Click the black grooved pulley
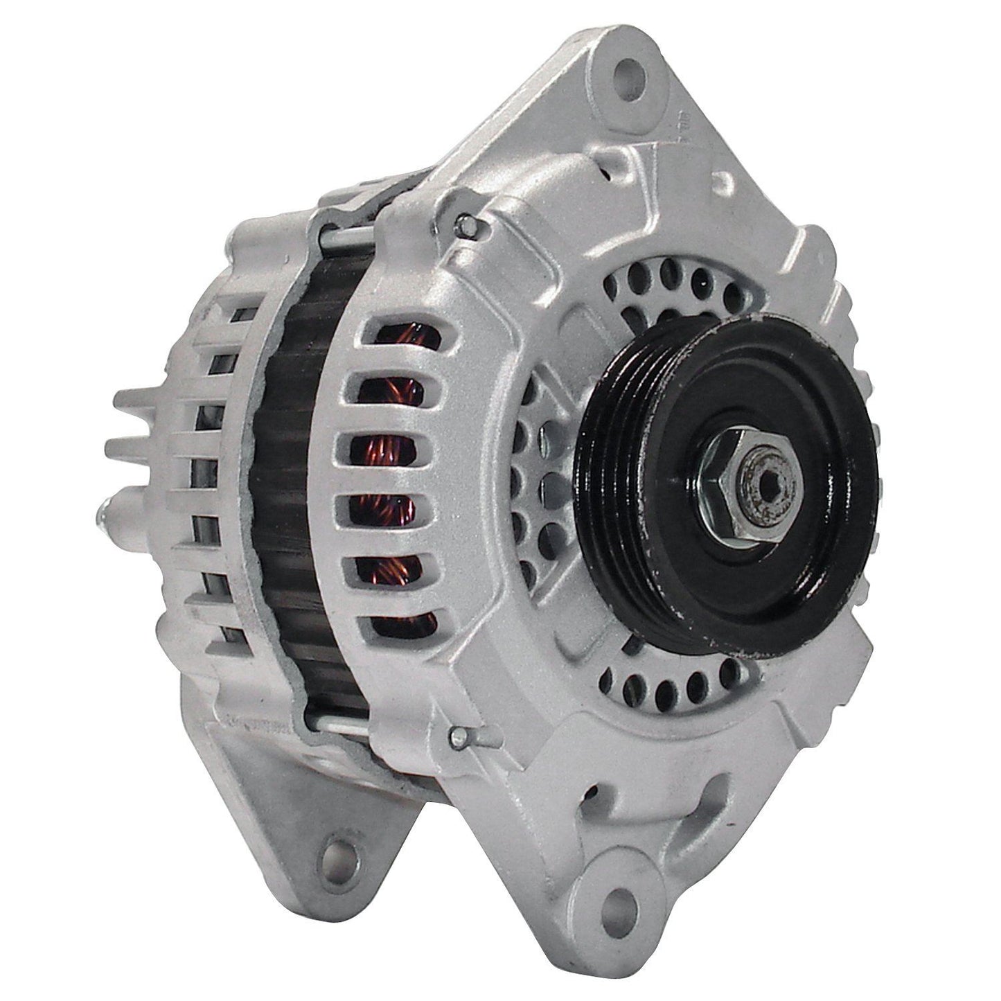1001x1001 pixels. [727, 478]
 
